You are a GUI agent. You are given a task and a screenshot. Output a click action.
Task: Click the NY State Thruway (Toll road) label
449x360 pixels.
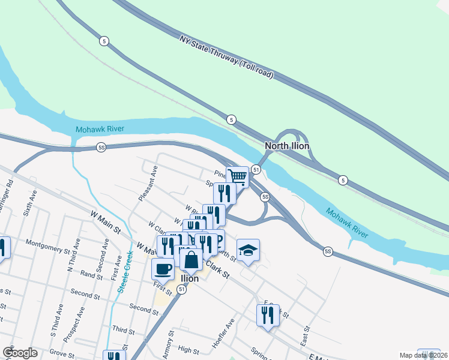pos(227,58)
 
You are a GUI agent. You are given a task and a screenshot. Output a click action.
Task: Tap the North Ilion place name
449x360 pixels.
pos(287,146)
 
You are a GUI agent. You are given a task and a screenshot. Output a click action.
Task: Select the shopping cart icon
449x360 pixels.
pos(238,176)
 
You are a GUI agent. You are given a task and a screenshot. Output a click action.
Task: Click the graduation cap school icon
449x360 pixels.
pos(248,250)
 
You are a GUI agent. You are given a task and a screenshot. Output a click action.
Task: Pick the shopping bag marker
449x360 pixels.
pos(191,260)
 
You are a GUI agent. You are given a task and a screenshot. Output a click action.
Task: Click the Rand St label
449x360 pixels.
pos(91,274)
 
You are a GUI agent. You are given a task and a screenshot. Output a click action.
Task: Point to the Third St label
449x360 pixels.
pos(123,331)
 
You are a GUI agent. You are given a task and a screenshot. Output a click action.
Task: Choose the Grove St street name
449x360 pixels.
pos(62,353)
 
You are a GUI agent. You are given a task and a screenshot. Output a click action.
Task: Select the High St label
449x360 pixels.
pos(188,350)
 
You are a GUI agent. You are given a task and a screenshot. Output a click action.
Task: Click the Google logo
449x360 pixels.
pos(20,353)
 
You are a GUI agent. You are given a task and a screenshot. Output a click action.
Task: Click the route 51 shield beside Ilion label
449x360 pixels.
pos(182,289)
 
